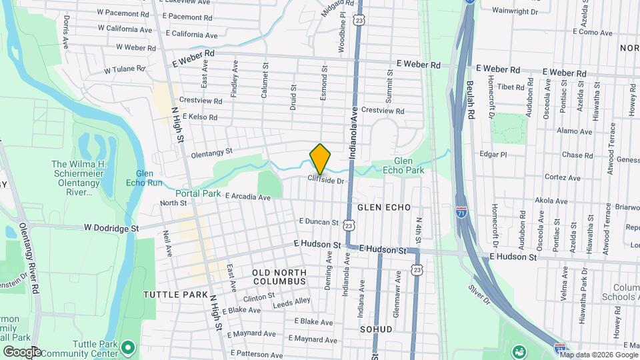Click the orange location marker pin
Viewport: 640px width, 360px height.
(x=320, y=159)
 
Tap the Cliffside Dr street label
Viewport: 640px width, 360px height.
(x=325, y=180)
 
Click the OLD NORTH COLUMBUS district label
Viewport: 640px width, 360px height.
(x=279, y=277)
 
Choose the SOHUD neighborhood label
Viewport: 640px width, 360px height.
(x=377, y=329)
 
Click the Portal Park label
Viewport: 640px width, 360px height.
(x=198, y=193)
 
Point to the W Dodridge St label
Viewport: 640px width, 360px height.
(x=111, y=227)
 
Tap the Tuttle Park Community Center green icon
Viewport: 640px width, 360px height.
(x=129, y=347)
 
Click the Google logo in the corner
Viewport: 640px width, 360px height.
(x=21, y=351)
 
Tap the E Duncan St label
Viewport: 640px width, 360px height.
(x=319, y=221)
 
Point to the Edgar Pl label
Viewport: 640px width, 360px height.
(x=493, y=154)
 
